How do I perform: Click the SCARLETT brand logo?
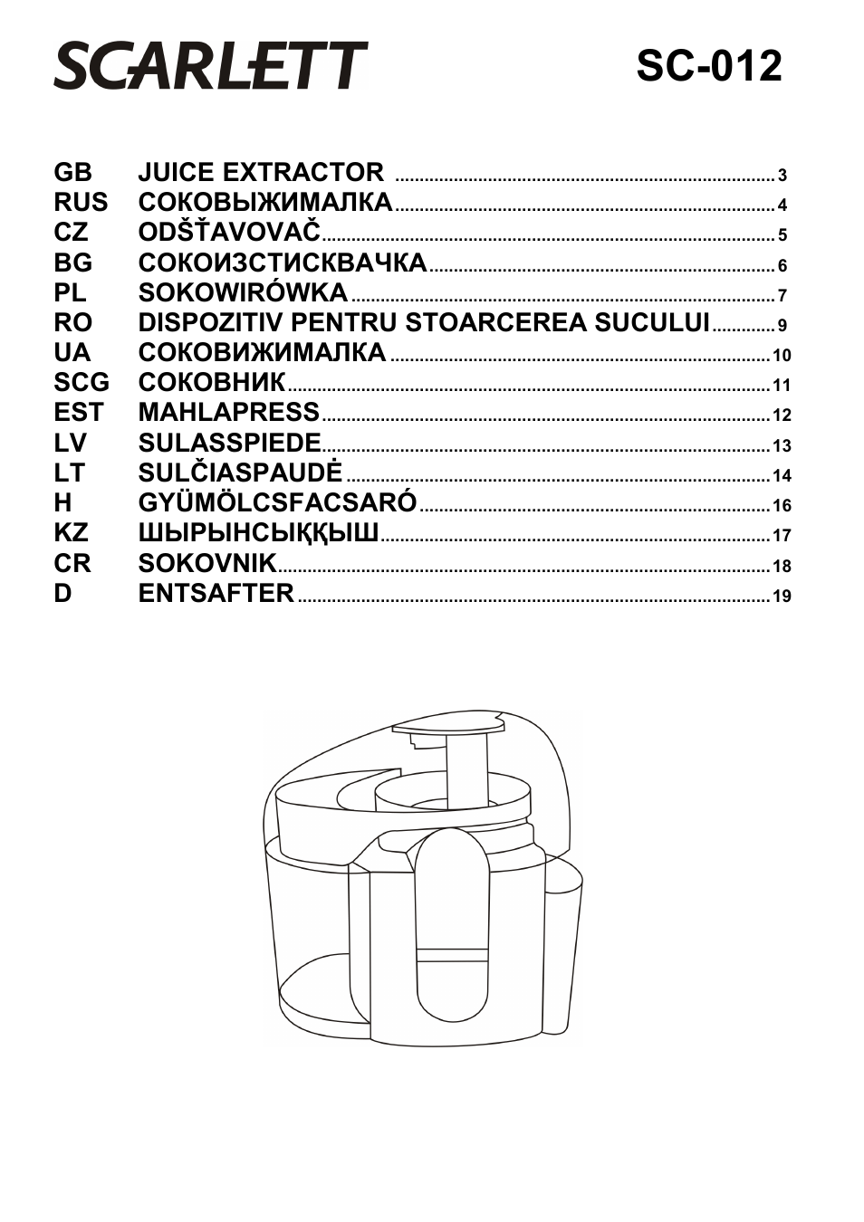coord(210,65)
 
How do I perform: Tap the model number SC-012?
coord(708,66)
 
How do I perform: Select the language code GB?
coord(72,172)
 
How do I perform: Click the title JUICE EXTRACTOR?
coord(261,172)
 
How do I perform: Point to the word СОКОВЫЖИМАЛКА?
coord(265,202)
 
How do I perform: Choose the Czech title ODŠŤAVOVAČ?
coord(229,233)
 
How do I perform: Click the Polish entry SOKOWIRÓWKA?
coord(243,292)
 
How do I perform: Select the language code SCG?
coord(81,382)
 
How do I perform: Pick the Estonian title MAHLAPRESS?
coord(229,412)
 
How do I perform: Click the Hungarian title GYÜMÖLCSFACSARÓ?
coord(277,502)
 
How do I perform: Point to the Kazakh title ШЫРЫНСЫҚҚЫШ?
coord(258,532)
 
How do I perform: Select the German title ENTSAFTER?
coord(216,593)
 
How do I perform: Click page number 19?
coord(782,597)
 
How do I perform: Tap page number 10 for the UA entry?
coord(782,356)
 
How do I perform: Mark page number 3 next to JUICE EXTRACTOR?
coord(782,176)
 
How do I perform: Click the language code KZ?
coord(71,532)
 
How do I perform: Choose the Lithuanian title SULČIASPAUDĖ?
coord(240,473)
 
